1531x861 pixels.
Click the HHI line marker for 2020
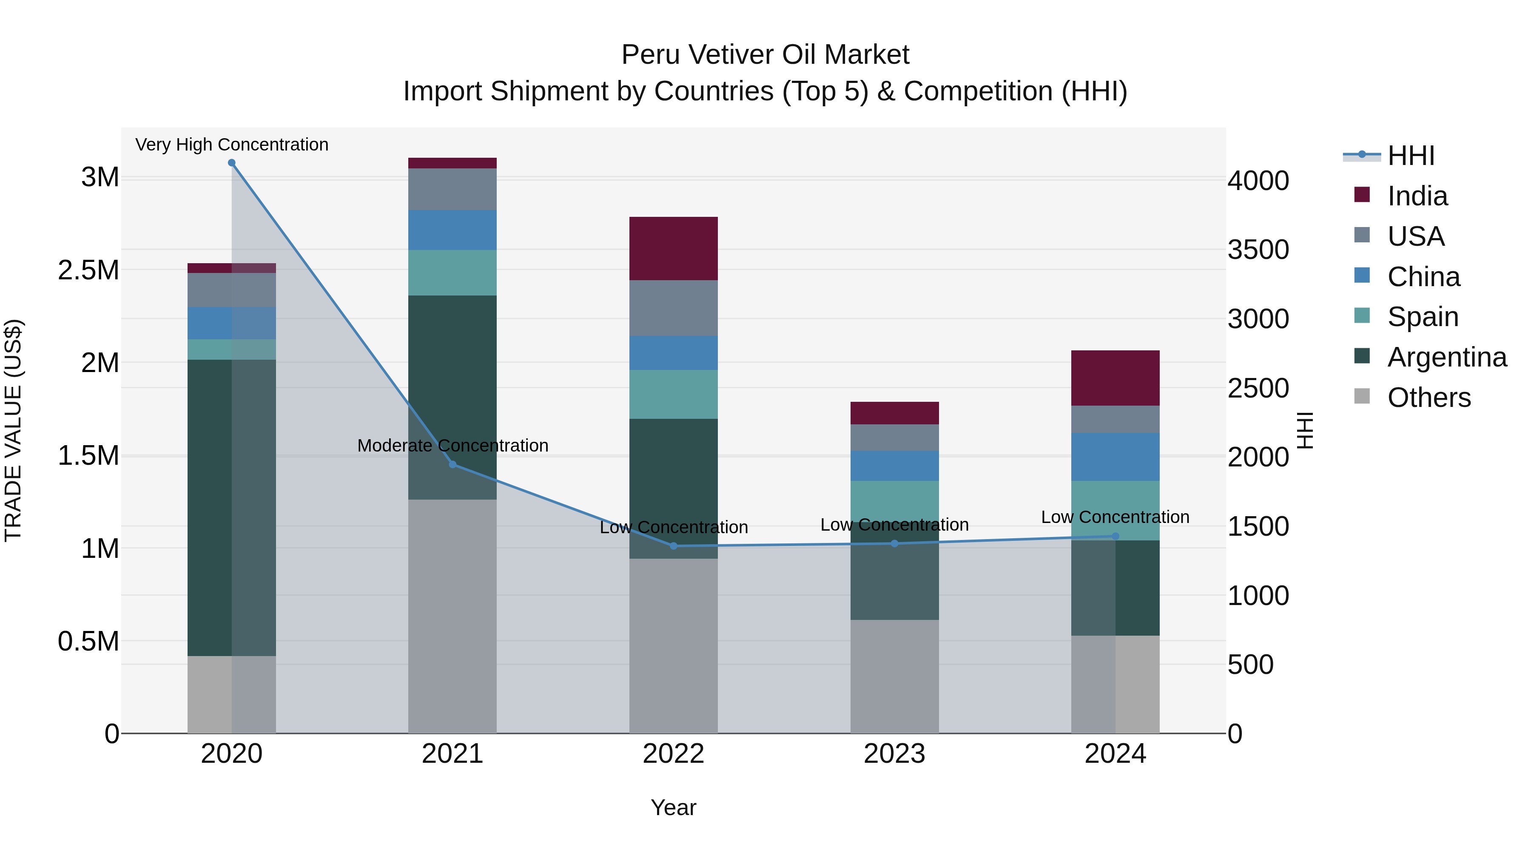pos(232,163)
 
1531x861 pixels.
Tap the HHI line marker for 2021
pos(453,464)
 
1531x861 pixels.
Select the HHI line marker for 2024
pos(1116,536)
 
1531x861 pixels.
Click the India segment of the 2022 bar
pos(673,248)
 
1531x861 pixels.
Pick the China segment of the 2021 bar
pos(452,230)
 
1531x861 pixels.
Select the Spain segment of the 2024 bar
pos(1116,510)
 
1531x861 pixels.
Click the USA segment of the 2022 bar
pos(673,308)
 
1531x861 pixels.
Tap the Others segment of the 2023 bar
pos(894,676)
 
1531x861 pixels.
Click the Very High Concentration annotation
pos(232,145)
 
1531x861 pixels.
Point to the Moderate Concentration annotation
pos(453,445)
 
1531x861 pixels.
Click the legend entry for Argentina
pos(1447,357)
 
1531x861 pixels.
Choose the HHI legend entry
pos(1411,156)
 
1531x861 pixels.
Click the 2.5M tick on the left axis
pos(88,270)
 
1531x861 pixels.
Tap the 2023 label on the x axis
pos(894,753)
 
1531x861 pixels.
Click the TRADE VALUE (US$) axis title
pos(13,430)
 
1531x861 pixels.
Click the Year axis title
pos(673,807)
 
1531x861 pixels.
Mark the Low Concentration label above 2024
pos(1116,517)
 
